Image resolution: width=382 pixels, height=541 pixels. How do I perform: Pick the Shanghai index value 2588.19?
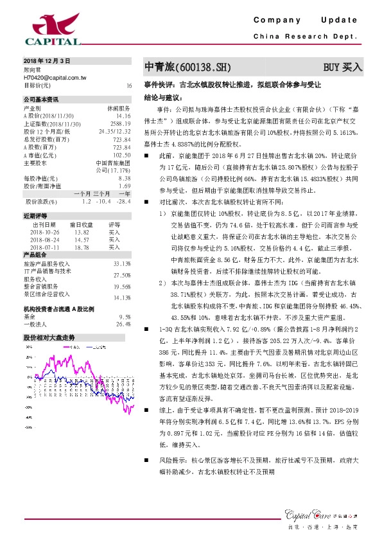pos(120,123)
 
